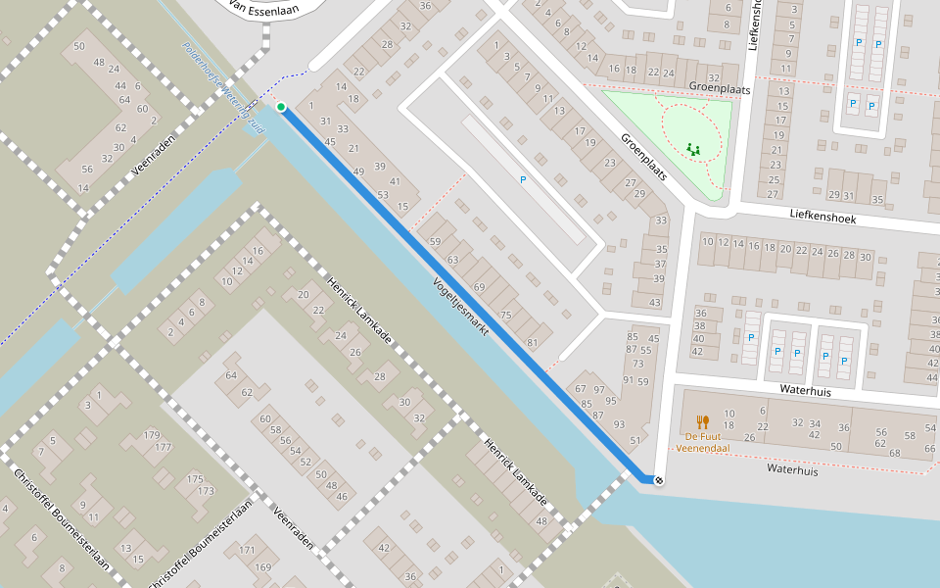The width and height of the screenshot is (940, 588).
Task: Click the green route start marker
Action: (x=281, y=107)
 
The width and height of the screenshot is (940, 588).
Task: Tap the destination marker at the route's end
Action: (x=659, y=480)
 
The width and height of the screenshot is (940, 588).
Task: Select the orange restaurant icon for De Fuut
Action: (x=702, y=422)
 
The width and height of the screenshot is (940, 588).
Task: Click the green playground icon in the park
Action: (x=694, y=149)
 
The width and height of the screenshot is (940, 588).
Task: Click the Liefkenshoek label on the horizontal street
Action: (x=822, y=217)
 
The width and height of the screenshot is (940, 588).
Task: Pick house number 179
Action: (x=152, y=434)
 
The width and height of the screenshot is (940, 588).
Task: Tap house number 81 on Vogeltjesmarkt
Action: (x=533, y=343)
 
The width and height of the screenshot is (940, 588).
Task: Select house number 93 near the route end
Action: (x=619, y=424)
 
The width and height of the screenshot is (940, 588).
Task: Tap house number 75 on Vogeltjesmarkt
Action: (x=505, y=315)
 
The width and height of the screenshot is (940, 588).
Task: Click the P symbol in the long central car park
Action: (x=523, y=180)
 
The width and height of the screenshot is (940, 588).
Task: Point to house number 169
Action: (x=263, y=567)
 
